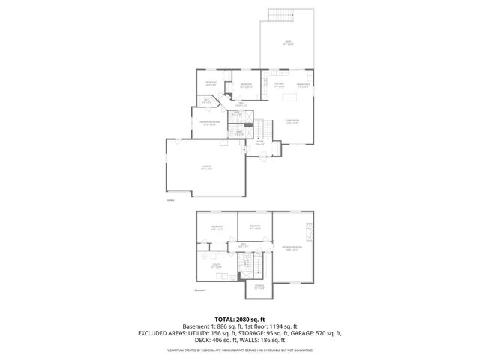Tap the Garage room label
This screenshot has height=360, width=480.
pyautogui.click(x=206, y=167)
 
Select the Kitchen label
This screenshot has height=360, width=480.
pyautogui.click(x=278, y=85)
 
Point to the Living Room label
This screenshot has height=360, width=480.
pyautogui.click(x=292, y=121)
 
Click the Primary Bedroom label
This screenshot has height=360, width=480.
pyautogui.click(x=209, y=123)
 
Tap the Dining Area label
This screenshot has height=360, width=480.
pyautogui.click(x=303, y=85)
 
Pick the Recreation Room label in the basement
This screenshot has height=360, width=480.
pyautogui.click(x=292, y=249)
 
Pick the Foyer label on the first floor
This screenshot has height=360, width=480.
pyautogui.click(x=260, y=141)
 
